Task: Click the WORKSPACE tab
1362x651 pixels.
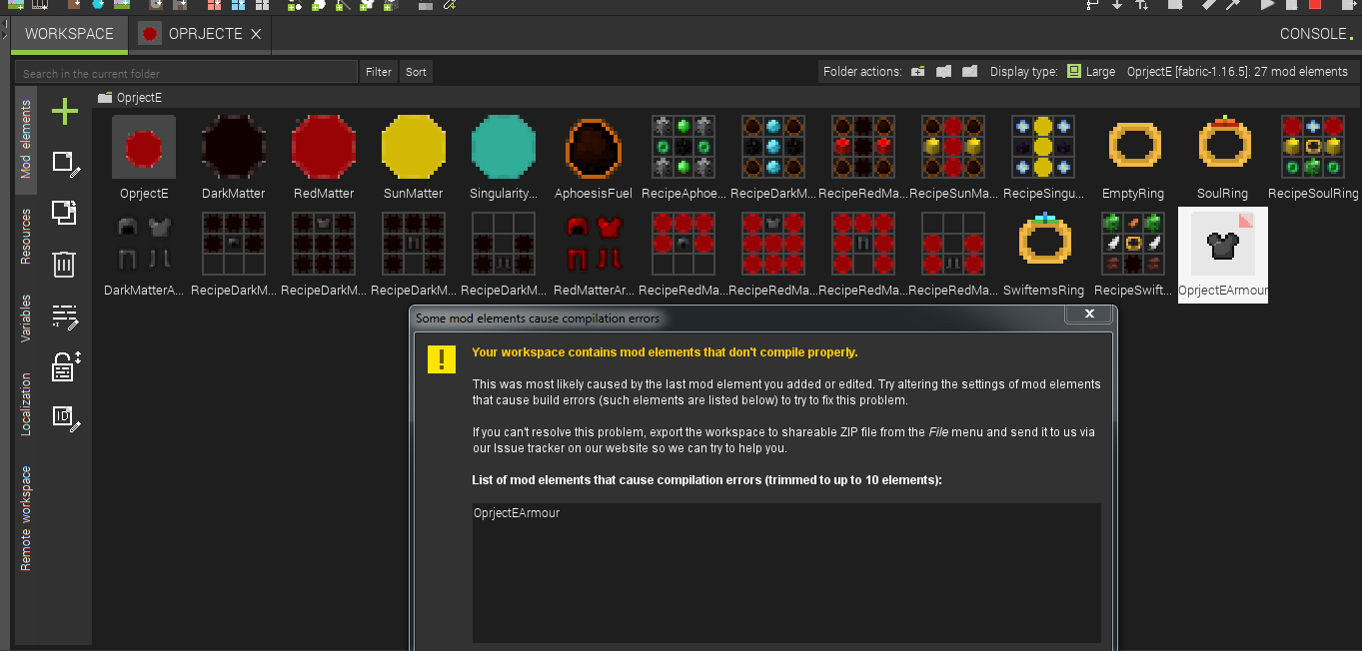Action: click(x=69, y=34)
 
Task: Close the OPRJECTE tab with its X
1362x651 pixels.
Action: click(x=256, y=34)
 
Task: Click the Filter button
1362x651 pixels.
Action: click(x=379, y=72)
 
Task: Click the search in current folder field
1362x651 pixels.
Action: click(x=187, y=73)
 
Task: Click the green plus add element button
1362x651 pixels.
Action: click(x=65, y=111)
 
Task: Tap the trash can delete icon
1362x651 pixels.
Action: click(x=64, y=264)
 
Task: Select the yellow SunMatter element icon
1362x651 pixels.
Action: click(x=414, y=147)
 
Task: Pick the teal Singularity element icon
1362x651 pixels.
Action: click(x=504, y=147)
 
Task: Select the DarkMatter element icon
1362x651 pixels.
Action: click(x=234, y=147)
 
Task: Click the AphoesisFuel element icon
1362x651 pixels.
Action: click(x=594, y=147)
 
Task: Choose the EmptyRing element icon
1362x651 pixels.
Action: click(x=1134, y=147)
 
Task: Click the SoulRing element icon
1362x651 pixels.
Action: click(x=1224, y=147)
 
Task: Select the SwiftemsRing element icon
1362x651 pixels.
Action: click(x=1044, y=243)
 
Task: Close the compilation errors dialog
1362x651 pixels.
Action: click(x=1089, y=315)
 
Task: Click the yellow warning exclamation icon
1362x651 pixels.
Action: click(x=441, y=359)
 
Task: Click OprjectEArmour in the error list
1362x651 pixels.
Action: click(x=517, y=513)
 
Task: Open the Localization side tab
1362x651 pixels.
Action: click(x=26, y=403)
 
